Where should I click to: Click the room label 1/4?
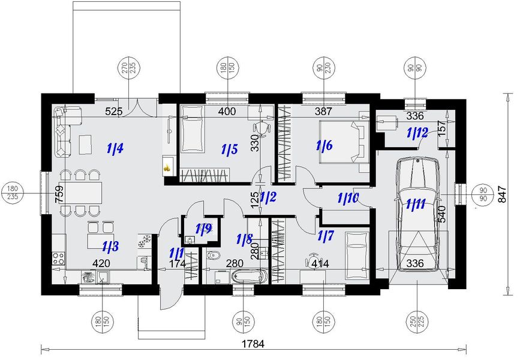click(115, 148)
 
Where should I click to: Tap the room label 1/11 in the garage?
click(416, 203)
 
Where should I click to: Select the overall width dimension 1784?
click(254, 344)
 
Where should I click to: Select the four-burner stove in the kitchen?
click(59, 257)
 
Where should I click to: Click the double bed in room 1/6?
click(344, 142)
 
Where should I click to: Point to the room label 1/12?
click(417, 133)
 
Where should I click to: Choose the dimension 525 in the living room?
click(114, 112)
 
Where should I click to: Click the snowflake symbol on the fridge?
click(145, 241)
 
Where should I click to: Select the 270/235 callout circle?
click(130, 70)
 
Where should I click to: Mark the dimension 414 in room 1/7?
click(320, 263)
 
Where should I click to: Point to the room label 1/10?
click(348, 199)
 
